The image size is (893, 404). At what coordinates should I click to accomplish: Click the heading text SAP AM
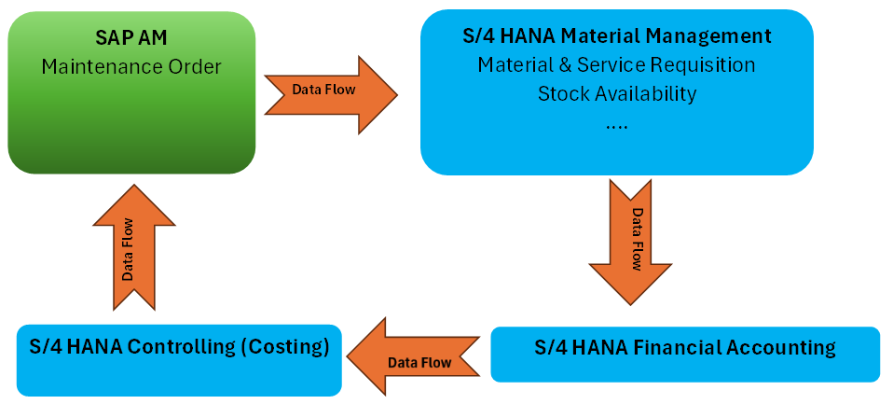tap(131, 38)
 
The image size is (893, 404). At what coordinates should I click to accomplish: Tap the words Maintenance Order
tap(131, 66)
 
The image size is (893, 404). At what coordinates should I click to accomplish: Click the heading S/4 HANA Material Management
tap(617, 36)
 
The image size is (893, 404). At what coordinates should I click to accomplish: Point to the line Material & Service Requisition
tap(617, 65)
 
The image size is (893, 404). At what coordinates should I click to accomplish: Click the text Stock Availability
tap(617, 94)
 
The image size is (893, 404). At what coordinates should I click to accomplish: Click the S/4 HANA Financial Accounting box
tap(685, 354)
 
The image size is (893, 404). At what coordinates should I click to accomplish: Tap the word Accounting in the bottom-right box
tap(785, 348)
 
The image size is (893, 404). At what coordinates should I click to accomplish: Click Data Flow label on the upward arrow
tap(128, 249)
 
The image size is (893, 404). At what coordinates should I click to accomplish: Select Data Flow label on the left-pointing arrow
tap(419, 362)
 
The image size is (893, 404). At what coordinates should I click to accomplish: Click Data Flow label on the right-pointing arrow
tap(321, 90)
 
